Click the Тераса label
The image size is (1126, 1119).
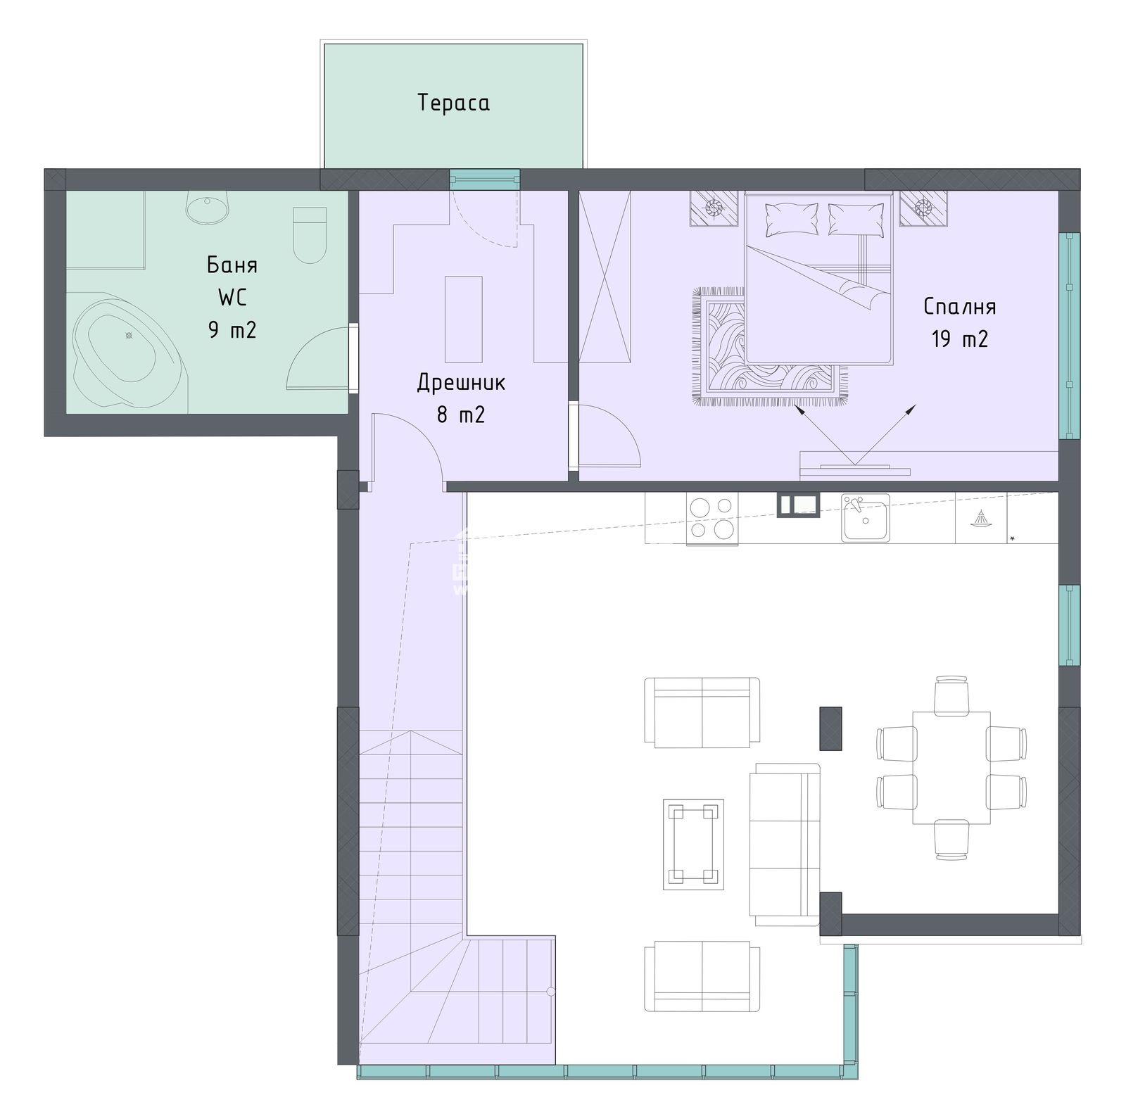pos(453,103)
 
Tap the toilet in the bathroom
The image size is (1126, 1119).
pos(309,234)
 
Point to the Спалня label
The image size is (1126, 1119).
pos(959,307)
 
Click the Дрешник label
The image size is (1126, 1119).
pos(461,382)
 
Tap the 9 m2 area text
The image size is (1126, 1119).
pos(232,329)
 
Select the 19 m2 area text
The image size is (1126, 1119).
pos(960,339)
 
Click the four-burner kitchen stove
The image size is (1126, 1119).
pos(712,519)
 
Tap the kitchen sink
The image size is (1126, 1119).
pos(865,517)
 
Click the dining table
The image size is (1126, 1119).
pos(951,767)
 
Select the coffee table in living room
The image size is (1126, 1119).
pos(694,844)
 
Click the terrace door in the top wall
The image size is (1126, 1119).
pos(485,179)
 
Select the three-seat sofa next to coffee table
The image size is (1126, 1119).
pos(785,844)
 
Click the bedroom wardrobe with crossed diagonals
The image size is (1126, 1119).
pos(605,276)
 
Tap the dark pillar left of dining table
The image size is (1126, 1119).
pos(831,728)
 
